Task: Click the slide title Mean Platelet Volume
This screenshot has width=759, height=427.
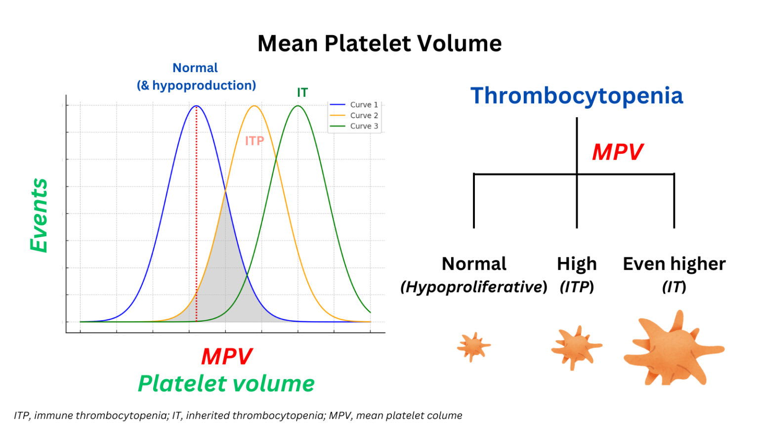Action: [x=379, y=43]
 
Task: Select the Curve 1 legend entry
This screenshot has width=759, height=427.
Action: [x=363, y=105]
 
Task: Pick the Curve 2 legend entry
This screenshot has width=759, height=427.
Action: [x=363, y=116]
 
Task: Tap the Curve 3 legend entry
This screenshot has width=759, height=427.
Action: [x=363, y=126]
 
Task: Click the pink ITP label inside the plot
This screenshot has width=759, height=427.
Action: [x=254, y=141]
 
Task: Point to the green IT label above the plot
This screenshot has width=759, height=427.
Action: [x=302, y=92]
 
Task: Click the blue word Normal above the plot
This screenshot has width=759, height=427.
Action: [x=195, y=68]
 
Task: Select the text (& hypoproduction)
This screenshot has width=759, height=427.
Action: [x=196, y=85]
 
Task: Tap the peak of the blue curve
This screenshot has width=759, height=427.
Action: [x=196, y=106]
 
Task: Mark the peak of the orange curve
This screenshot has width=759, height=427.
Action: [x=254, y=106]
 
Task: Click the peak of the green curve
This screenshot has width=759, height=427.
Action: [x=298, y=106]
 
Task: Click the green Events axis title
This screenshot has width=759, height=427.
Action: [x=39, y=215]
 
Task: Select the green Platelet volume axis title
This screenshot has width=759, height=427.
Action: [x=226, y=384]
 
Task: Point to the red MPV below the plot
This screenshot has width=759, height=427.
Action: [x=226, y=356]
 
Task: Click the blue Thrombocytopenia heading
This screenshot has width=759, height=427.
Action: [x=576, y=96]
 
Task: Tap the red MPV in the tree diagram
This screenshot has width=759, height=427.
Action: [x=617, y=152]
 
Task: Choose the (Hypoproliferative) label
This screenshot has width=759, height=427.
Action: [x=473, y=287]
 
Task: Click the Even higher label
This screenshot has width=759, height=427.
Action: [x=674, y=264]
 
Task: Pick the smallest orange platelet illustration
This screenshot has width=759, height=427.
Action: [x=473, y=346]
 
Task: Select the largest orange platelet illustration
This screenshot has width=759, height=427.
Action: [x=673, y=348]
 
